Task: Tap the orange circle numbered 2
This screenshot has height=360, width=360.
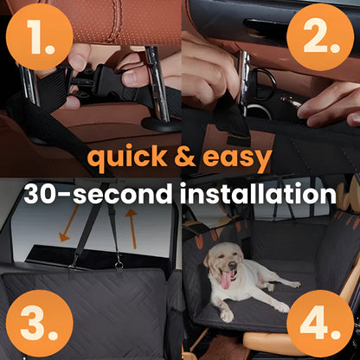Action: point(321,37)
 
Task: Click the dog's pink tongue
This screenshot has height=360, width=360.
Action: point(227,280)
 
